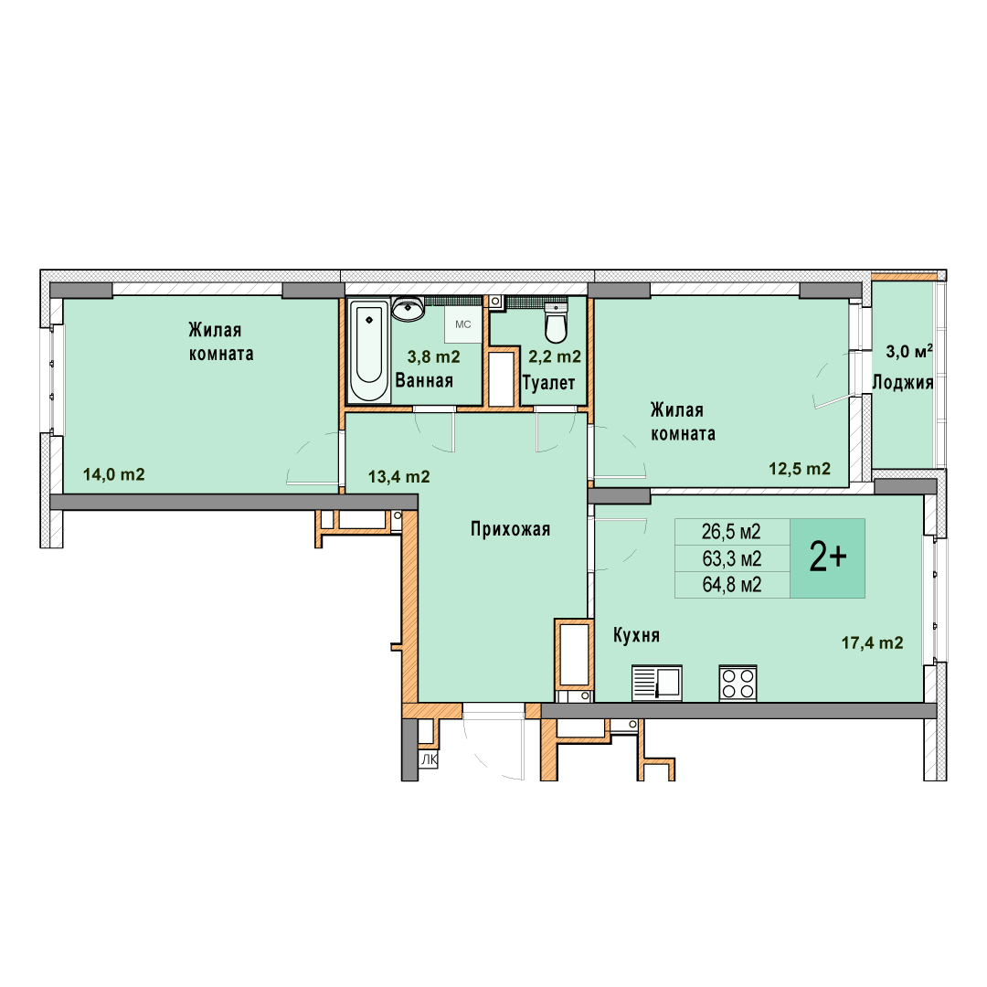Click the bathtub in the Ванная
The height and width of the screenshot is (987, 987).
coord(369,351)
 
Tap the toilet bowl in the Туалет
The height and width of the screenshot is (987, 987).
coord(556,322)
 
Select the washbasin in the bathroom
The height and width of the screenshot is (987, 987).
coord(408,309)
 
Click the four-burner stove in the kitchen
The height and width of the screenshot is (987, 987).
coord(738,683)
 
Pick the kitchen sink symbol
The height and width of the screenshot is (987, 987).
coord(656,683)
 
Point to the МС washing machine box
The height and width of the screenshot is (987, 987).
coord(463,324)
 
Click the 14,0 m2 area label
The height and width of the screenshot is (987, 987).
coord(114,474)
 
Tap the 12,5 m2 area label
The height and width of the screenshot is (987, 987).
coord(800,469)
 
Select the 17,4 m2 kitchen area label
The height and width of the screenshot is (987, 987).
coord(873,642)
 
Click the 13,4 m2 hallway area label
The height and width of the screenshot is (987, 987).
coord(399,477)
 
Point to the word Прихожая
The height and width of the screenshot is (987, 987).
coord(511,529)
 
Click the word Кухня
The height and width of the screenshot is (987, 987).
coord(636,636)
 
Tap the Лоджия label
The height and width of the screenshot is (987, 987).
coord(903,382)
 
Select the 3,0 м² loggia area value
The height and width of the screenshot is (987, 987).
coord(909,351)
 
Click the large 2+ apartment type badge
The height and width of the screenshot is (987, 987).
coord(828,557)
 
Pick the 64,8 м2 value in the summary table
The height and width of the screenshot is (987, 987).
coord(732,585)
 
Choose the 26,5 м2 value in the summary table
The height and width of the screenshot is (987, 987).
coord(731,532)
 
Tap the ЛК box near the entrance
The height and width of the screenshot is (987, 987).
coord(430,759)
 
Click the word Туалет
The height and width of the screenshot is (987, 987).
coord(549,383)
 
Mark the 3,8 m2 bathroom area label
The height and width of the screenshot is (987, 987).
coord(434,357)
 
